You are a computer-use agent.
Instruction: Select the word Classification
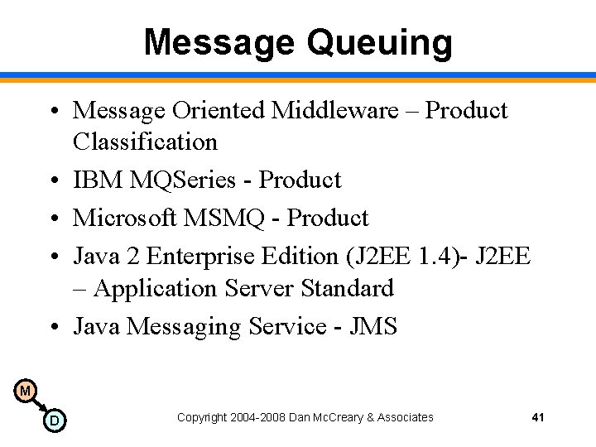pos(145,142)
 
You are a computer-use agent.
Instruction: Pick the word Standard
pos(348,288)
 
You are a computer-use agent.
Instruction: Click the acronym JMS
pos(373,326)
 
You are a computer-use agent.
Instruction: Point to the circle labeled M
pos(25,391)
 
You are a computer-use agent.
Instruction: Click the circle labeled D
pos(55,421)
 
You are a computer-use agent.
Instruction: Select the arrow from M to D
pos(39,406)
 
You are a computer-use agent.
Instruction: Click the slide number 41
pos(538,417)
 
